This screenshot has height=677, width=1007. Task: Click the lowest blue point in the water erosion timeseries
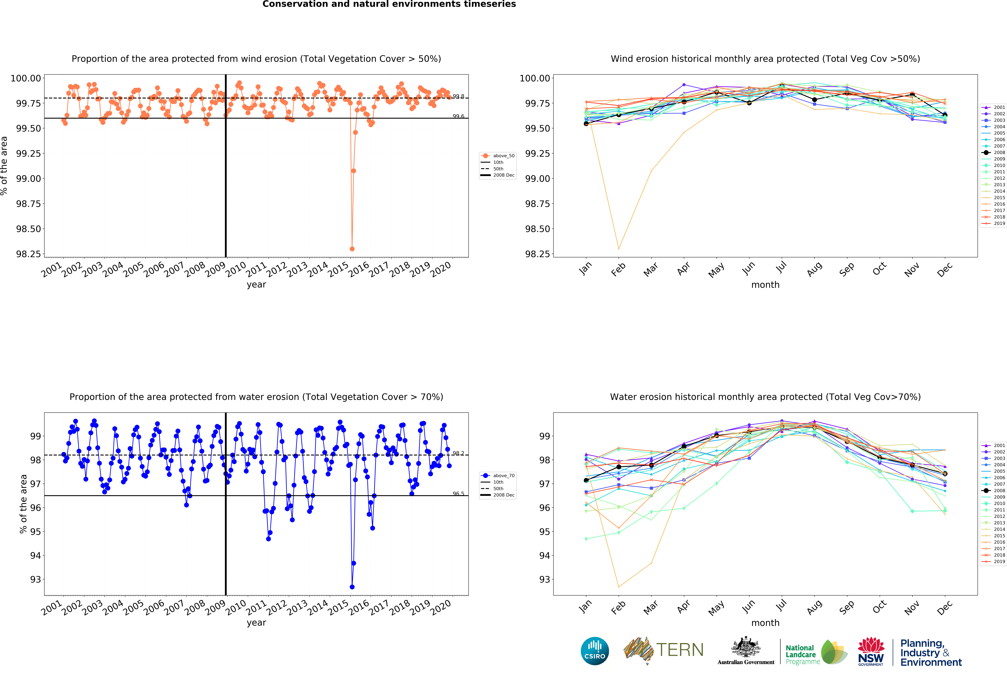click(x=352, y=587)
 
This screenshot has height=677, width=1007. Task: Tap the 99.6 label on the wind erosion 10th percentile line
click(x=458, y=116)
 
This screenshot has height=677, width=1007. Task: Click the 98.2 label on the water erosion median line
click(x=458, y=453)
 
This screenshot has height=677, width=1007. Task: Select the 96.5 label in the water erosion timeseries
click(x=458, y=494)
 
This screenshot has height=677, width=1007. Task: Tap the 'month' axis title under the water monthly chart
click(x=765, y=623)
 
